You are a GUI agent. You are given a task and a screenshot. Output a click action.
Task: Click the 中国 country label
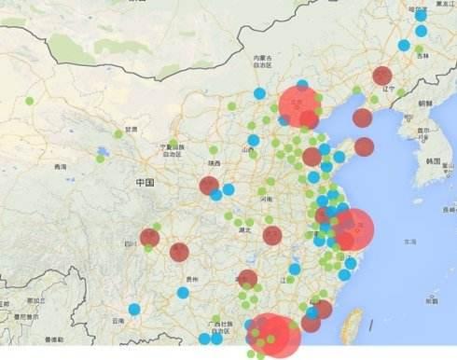[x=144, y=182]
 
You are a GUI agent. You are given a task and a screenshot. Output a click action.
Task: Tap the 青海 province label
[x=61, y=167]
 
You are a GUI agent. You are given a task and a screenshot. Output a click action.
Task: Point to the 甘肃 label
[x=131, y=130]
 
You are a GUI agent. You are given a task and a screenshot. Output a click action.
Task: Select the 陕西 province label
[x=215, y=163]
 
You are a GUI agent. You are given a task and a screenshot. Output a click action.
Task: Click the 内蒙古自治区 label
[x=263, y=62]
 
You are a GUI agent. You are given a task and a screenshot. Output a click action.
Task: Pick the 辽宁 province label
[x=390, y=90]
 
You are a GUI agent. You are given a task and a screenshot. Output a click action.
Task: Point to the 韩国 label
[x=432, y=160]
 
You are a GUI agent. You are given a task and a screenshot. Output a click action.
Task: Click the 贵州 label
[x=191, y=279]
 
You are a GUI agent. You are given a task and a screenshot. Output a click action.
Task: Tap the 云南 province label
[x=118, y=320]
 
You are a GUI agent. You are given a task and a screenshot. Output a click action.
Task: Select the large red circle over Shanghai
[x=353, y=228]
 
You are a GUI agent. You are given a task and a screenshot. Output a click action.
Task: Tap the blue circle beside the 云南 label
[x=134, y=309]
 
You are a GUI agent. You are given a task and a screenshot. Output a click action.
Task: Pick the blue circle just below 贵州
[x=183, y=293]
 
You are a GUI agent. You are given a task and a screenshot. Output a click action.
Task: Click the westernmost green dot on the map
[x=30, y=101]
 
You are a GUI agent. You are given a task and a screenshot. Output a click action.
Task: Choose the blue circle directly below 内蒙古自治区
[x=259, y=93]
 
